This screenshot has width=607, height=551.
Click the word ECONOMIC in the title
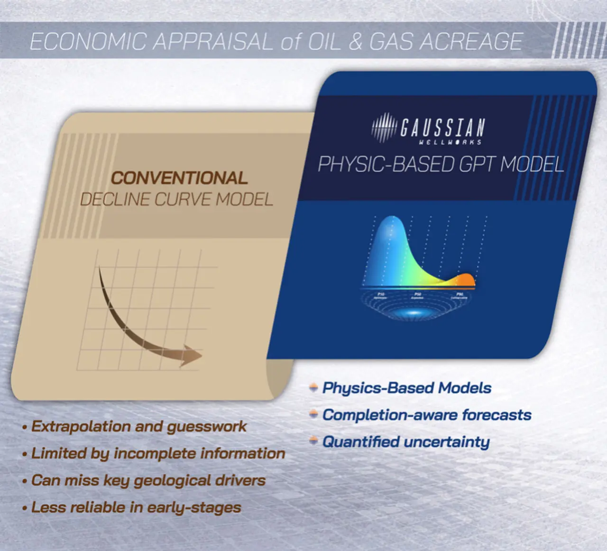[x=88, y=42]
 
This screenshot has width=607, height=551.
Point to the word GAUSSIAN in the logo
[x=442, y=127]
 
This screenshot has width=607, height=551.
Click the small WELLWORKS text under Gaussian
[x=450, y=142]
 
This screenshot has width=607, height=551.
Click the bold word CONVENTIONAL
[x=179, y=178]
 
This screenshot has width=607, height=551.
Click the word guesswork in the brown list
[x=207, y=426]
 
